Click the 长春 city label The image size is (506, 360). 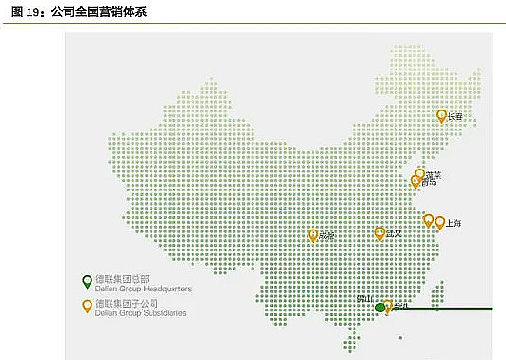point(455,117)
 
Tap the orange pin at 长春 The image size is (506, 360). point(441,115)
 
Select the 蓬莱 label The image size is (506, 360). point(434,174)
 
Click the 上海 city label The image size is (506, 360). point(453,223)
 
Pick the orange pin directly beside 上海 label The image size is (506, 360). point(439,222)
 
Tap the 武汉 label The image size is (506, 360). point(393,233)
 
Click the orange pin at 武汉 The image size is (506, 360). point(380,232)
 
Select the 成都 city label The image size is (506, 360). point(327,235)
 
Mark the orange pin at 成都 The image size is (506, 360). point(314,234)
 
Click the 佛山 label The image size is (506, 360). point(364,299)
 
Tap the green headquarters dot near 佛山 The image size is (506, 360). point(380,307)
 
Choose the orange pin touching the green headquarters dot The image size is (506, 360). point(388,306)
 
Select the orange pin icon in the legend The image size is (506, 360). point(87,306)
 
